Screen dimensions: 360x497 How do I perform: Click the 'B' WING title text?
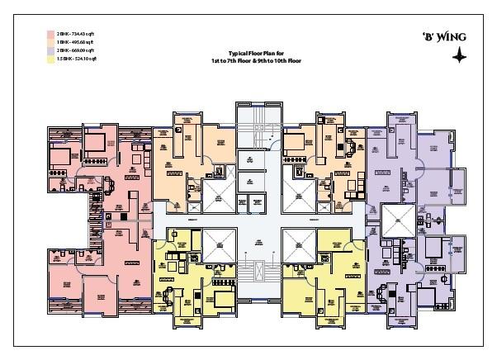click(x=449, y=38)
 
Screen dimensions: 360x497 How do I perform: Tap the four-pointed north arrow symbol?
click(x=457, y=55)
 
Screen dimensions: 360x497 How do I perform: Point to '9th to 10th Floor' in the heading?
click(x=272, y=60)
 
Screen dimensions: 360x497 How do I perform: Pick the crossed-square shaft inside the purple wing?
click(x=396, y=220)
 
